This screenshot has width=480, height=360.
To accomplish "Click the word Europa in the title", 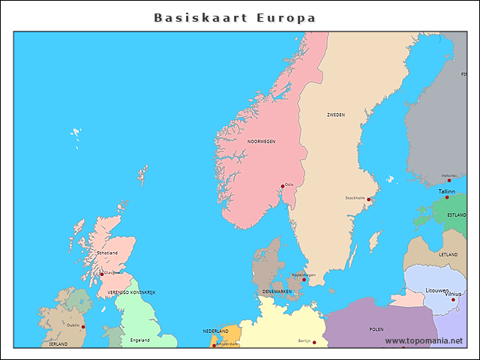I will click(285, 17).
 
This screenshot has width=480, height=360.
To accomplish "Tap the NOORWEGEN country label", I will click(262, 141).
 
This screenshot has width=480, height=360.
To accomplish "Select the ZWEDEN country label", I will click(335, 115).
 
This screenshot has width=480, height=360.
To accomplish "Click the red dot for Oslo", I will click(283, 186).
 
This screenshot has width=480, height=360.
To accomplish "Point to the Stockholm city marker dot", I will click(369, 199).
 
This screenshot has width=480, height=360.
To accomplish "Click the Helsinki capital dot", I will click(449, 181).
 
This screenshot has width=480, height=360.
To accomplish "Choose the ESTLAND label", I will click(456, 214).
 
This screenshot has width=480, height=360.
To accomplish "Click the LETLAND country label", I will click(448, 255).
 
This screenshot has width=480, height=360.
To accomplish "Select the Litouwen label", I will click(437, 289).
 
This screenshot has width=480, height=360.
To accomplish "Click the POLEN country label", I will click(376, 328).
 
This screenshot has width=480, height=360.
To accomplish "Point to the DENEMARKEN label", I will click(277, 291).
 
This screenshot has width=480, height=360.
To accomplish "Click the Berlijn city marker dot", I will click(314, 343).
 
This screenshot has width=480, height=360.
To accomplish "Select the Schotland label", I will click(107, 253).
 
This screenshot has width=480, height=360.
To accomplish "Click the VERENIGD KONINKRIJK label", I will click(131, 292).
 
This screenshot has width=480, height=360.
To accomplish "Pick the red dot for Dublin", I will click(83, 327).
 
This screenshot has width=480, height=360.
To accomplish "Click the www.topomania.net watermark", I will click(424, 340).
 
